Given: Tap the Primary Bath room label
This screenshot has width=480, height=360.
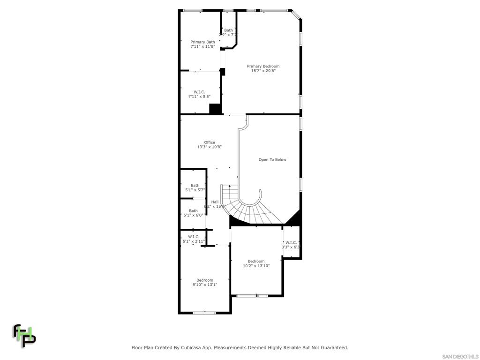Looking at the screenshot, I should tap(202, 42).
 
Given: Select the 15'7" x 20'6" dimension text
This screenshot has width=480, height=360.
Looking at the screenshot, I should tap(263, 71).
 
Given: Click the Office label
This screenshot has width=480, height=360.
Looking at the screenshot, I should tap(209, 142).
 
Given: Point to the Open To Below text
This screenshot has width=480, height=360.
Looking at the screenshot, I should tap(272, 159).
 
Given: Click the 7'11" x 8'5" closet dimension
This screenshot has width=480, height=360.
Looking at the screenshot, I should tap(199, 97).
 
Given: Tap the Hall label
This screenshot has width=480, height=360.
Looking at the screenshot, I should tap(215, 202).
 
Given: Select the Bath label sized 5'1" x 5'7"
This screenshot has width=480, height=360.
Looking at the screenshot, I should tap(195, 185).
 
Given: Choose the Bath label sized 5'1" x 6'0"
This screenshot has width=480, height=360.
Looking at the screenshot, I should tap(193, 210).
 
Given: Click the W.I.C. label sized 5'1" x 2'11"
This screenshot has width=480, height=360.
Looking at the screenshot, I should tap(194, 237).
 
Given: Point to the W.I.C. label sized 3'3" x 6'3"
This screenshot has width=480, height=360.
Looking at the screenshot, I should tap(291, 242).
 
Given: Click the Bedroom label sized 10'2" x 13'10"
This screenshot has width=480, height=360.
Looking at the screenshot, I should tap(256, 261).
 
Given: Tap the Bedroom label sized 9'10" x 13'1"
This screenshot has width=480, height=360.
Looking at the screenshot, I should tap(204, 280).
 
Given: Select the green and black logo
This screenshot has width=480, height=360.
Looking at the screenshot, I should tap(23, 335).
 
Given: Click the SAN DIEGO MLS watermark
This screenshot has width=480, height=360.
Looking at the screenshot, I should tap(460, 356).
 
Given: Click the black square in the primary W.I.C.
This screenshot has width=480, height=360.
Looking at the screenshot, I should tap(215, 109).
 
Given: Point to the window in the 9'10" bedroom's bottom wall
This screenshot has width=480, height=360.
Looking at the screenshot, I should tap(204, 313).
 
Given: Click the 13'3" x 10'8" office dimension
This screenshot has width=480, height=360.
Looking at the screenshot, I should tap(209, 147).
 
